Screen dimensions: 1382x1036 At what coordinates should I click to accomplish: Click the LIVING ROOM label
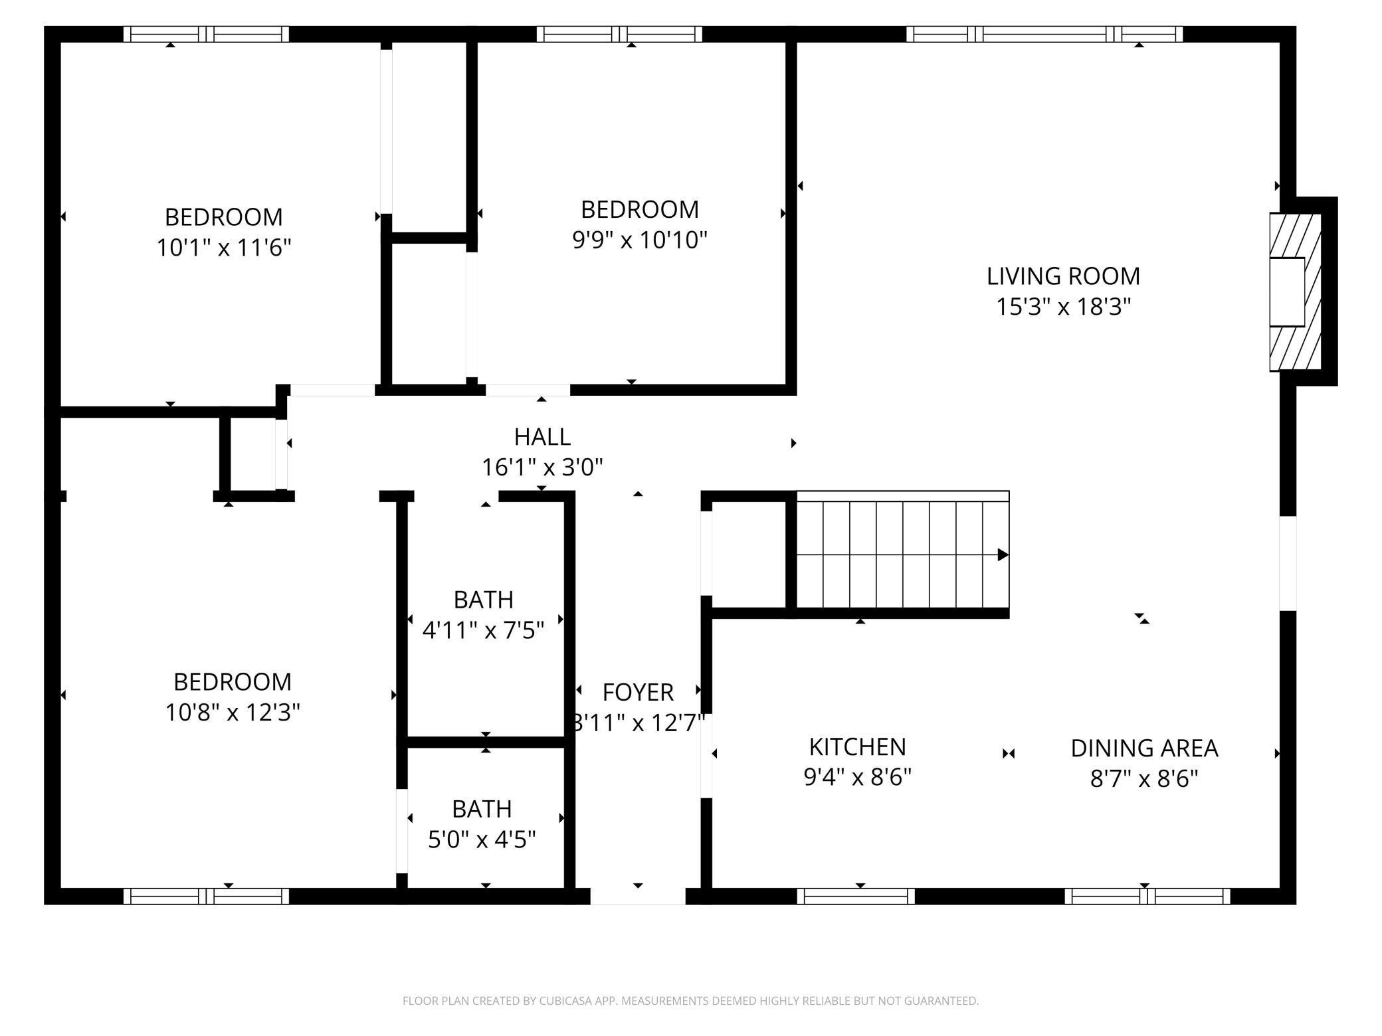click(x=1063, y=276)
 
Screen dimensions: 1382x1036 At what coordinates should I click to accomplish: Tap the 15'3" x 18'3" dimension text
click(x=1063, y=307)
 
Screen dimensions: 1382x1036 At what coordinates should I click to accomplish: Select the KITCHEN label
click(x=857, y=747)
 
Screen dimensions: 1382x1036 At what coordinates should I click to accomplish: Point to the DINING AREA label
click(x=1144, y=748)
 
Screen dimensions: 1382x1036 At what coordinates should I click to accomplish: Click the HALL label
click(x=542, y=437)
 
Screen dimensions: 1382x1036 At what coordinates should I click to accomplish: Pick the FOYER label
click(x=638, y=693)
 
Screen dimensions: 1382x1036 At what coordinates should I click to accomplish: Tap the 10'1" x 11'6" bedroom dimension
click(x=224, y=248)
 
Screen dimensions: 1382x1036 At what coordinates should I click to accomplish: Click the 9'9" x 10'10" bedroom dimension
click(x=640, y=240)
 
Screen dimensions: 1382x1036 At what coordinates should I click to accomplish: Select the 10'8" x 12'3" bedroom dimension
click(x=233, y=713)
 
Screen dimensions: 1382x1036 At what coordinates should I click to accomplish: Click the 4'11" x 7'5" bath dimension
click(x=483, y=630)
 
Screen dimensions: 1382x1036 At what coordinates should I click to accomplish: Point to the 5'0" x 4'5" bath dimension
click(x=482, y=840)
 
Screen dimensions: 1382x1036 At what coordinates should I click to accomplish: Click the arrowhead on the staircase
click(x=1003, y=555)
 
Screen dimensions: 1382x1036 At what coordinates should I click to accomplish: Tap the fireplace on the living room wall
click(x=1294, y=292)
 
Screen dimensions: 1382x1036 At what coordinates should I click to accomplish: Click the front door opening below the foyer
click(x=638, y=896)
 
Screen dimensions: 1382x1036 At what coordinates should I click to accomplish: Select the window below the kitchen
click(x=856, y=896)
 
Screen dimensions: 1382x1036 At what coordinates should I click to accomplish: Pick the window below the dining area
click(x=1147, y=896)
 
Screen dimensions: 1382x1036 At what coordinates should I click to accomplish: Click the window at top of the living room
click(x=1044, y=34)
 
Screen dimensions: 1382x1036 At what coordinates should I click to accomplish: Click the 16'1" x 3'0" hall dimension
click(x=542, y=468)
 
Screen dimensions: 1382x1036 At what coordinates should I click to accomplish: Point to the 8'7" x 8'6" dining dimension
click(x=1144, y=778)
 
